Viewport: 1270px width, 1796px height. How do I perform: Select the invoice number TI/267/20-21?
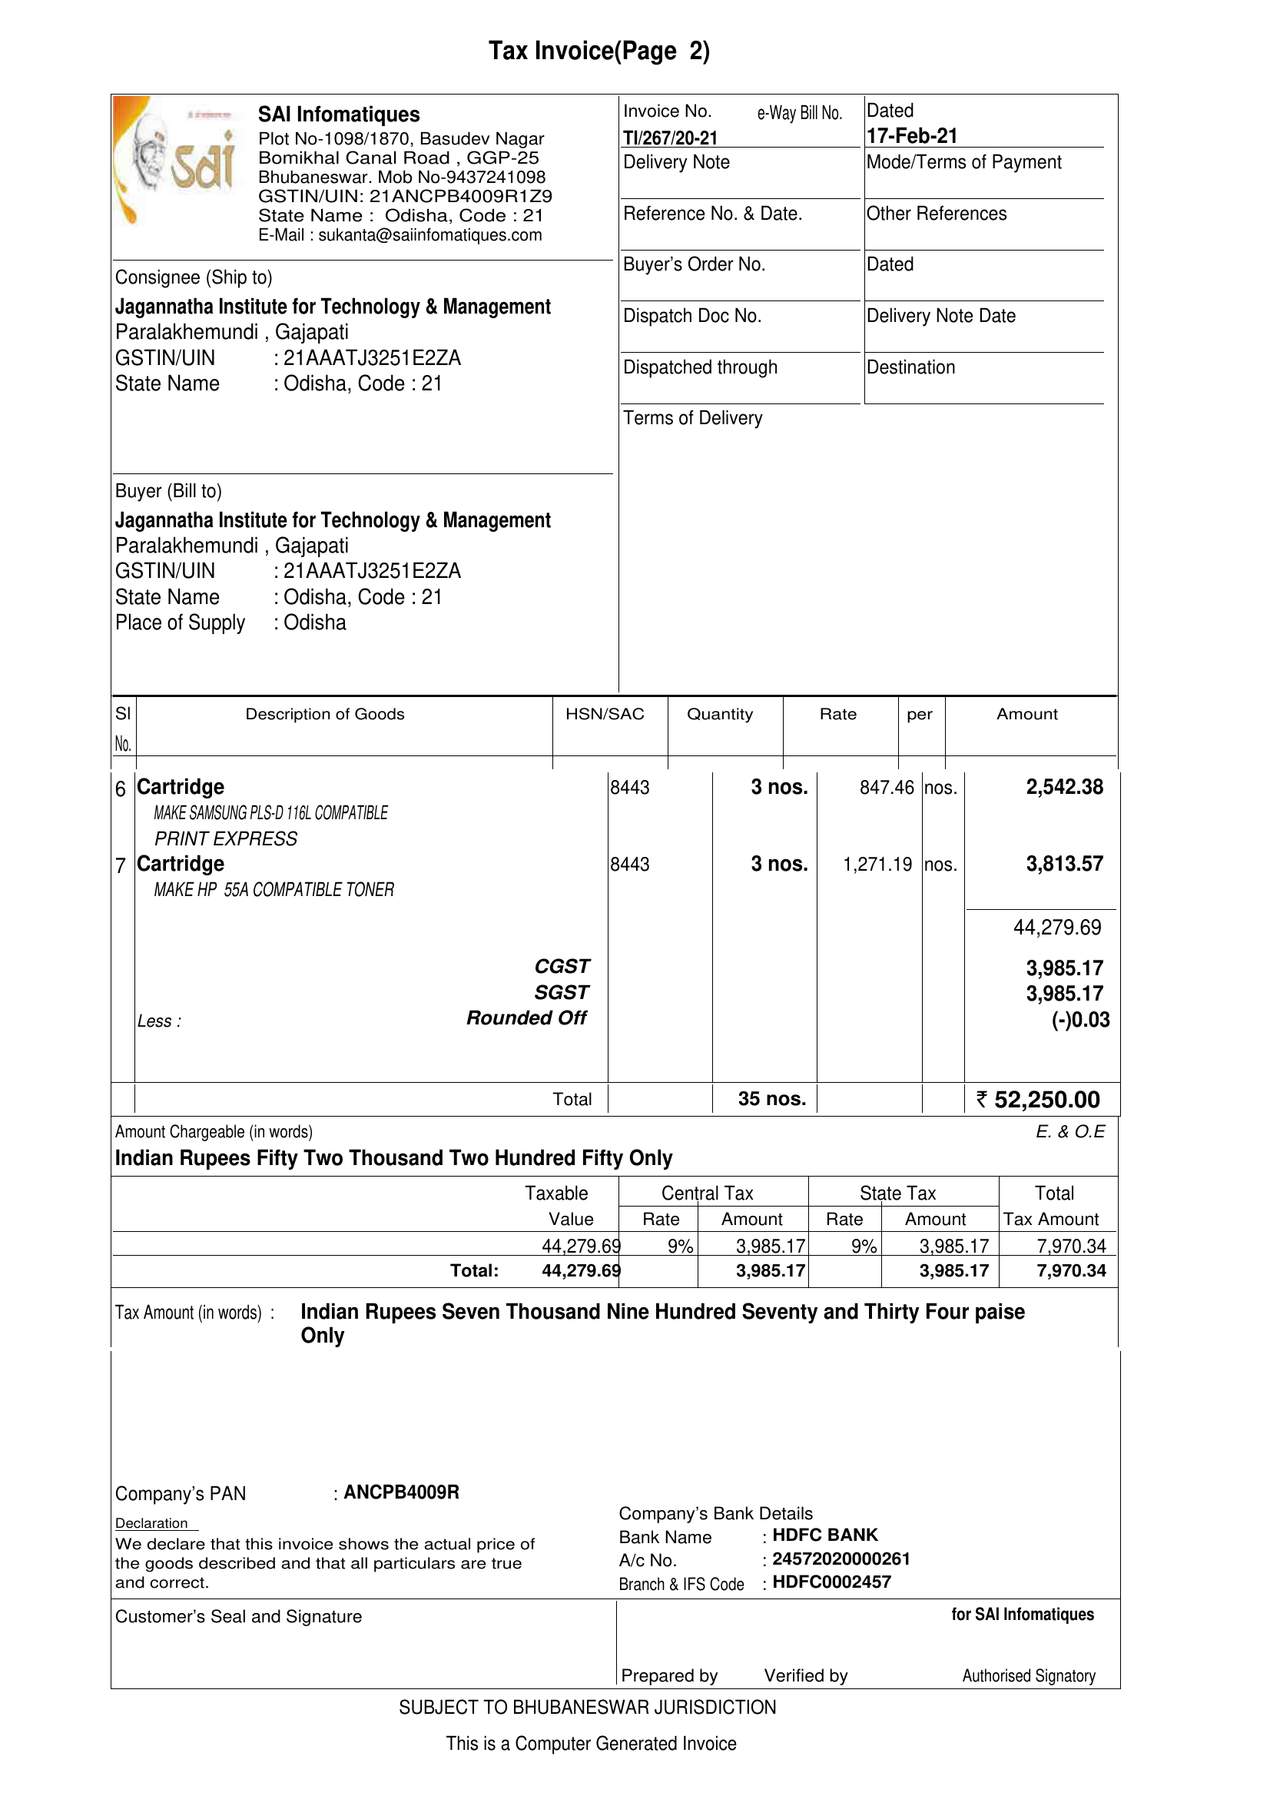coord(670,138)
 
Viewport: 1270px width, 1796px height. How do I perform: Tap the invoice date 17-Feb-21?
coord(912,136)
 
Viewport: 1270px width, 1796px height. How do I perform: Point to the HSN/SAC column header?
coord(605,714)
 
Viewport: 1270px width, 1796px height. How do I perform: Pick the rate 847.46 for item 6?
coord(886,788)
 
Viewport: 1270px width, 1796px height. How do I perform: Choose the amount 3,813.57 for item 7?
coord(1064,865)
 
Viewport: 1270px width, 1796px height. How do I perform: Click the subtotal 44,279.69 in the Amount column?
coord(1056,928)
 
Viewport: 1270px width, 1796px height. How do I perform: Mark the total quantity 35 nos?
coord(771,1099)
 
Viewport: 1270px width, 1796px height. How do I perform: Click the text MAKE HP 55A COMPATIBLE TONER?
coord(274,890)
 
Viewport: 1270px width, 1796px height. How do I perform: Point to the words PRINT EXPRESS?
coord(226,839)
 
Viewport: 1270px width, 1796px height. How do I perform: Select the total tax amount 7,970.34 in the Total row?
coord(1070,1270)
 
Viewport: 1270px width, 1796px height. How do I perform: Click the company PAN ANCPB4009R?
coord(401,1492)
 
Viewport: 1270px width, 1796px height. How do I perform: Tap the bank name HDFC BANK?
coord(825,1535)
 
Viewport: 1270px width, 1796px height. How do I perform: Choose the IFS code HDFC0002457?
coord(831,1582)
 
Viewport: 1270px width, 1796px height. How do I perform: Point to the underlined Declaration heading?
coord(151,1523)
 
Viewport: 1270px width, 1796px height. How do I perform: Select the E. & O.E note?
coord(1069,1132)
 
